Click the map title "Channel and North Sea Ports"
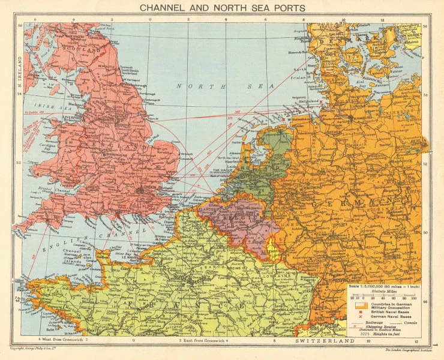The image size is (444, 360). pyautogui.click(x=222, y=8)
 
